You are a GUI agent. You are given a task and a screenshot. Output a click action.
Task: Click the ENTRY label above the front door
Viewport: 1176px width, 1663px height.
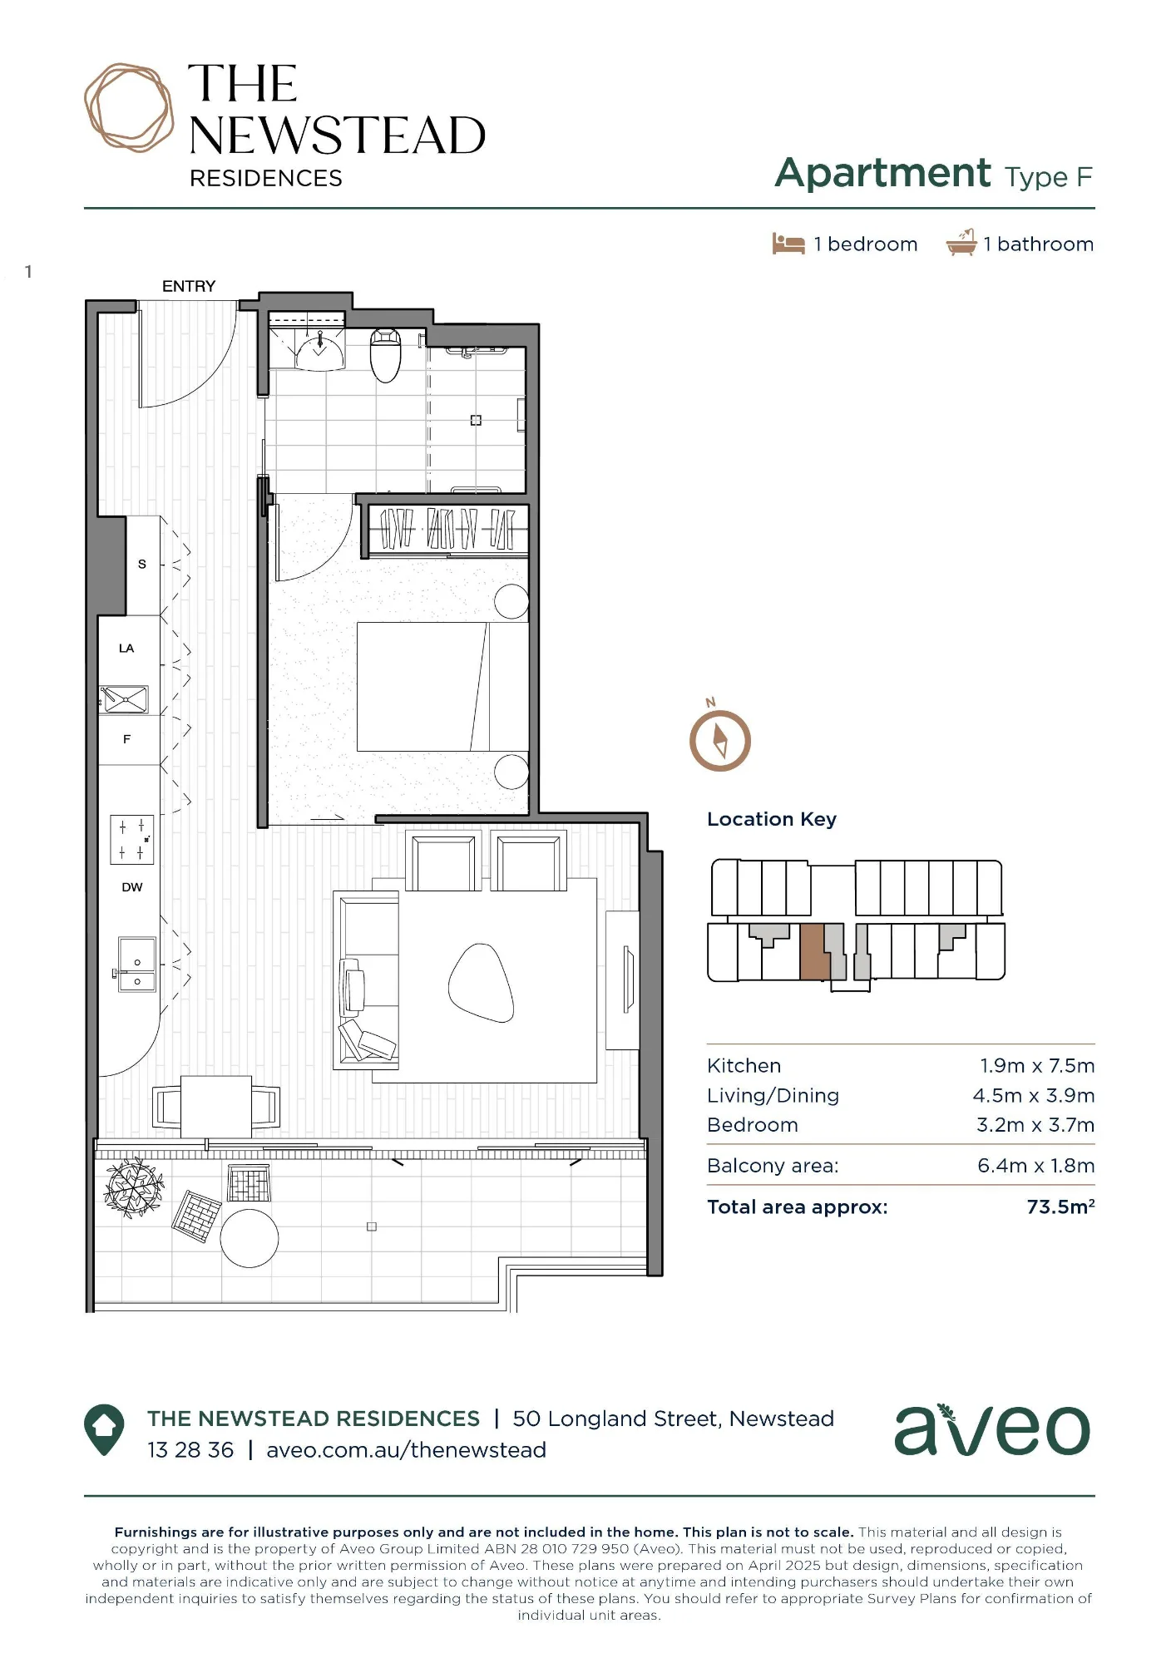[x=189, y=286]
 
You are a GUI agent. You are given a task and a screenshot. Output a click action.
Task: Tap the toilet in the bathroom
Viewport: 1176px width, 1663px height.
[x=385, y=355]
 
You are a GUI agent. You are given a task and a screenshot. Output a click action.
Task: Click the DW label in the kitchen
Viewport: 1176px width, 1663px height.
[x=132, y=887]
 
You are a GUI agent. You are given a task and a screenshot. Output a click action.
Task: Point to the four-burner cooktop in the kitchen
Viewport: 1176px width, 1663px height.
[x=132, y=839]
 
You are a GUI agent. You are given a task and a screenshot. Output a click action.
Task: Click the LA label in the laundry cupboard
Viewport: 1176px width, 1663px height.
[x=126, y=649]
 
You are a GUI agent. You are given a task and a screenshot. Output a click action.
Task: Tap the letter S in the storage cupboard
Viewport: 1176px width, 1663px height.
[x=142, y=564]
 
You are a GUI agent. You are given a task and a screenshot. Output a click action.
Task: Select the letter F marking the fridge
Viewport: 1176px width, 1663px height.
[x=127, y=738]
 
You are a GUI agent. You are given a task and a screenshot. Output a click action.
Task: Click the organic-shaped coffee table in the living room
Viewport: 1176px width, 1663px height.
[x=481, y=982]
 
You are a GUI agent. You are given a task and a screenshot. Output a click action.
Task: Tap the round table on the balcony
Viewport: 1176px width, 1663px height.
[x=250, y=1238]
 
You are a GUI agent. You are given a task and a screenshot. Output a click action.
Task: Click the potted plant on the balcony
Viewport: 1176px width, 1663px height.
[x=133, y=1187]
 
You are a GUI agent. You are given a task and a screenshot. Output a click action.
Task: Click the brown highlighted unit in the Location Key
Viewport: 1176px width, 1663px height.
[x=814, y=952]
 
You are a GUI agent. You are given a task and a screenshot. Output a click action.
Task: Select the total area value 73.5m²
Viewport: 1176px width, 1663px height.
[x=1060, y=1207]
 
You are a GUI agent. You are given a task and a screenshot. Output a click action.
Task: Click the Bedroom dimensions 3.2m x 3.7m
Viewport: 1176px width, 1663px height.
[x=1035, y=1125]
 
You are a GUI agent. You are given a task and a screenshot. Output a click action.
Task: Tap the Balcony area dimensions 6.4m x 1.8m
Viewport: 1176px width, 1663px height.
[x=1036, y=1166]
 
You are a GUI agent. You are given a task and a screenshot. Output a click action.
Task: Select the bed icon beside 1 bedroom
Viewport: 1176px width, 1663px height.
[x=788, y=244]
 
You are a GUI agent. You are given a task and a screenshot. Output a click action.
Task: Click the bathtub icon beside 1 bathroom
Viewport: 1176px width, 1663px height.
[x=961, y=243]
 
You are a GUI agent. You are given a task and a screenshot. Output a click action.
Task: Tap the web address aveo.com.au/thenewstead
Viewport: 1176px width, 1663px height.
[x=406, y=1450]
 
